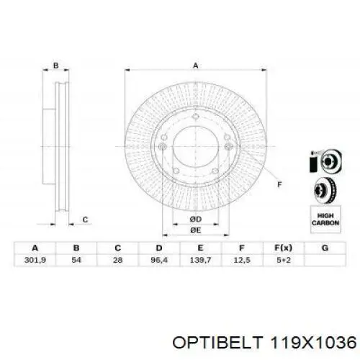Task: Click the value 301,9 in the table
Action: (35, 260)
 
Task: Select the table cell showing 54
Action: (76, 260)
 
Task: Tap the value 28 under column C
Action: (117, 260)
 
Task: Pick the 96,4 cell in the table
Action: (159, 260)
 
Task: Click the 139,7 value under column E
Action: (200, 260)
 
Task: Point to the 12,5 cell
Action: (242, 260)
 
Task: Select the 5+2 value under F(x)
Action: (284, 260)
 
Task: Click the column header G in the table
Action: (325, 248)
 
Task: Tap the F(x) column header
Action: (283, 248)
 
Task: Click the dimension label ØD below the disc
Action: (196, 219)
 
